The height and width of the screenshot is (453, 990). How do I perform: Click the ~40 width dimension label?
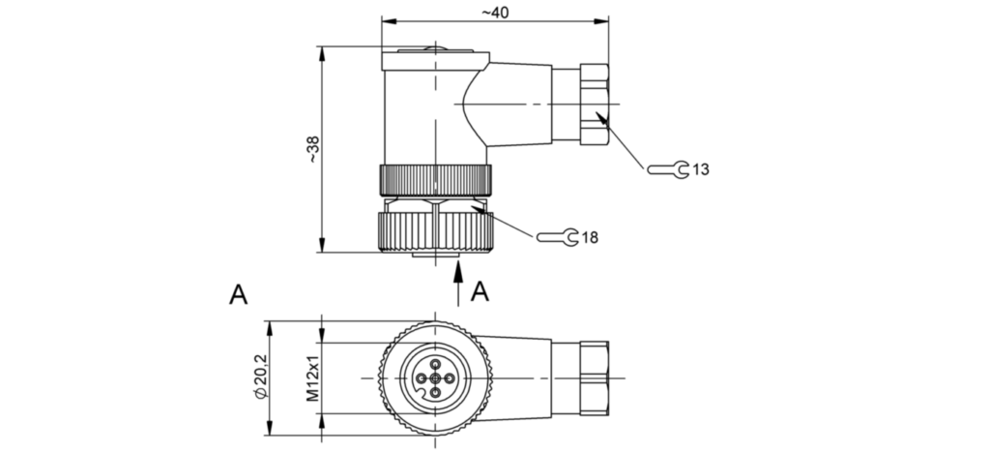495,12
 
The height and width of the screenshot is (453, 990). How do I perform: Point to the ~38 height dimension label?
311,150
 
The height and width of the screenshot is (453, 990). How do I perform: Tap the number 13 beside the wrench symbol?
701,170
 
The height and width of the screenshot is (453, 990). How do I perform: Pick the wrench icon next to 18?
557,236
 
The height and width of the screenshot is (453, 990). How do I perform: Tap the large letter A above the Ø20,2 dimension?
239,294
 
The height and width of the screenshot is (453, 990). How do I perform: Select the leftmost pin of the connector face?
422,377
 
